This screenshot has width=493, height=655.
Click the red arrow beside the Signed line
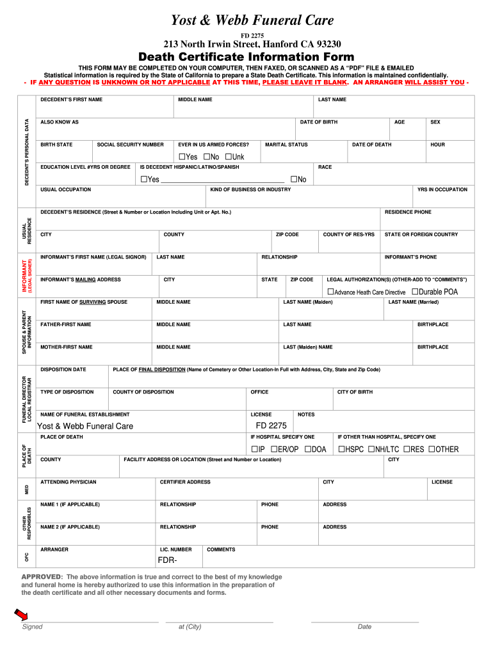(21, 615)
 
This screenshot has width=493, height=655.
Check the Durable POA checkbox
(415, 292)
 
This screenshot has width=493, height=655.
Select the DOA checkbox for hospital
(308, 449)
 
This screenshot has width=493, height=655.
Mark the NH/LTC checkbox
(371, 449)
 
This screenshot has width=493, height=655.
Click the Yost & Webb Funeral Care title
(252, 20)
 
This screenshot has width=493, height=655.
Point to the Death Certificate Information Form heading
(252, 57)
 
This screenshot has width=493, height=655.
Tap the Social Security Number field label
(130, 145)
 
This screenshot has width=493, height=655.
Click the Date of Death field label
(371, 145)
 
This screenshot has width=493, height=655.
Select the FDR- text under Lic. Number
(167, 562)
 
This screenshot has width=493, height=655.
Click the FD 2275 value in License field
(271, 426)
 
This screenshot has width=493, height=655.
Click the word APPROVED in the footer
(41, 576)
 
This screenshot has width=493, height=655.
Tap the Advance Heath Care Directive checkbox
(330, 292)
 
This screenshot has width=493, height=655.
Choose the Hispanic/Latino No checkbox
(293, 179)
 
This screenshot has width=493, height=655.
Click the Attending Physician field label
(69, 482)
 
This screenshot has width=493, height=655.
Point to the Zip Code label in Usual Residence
(287, 235)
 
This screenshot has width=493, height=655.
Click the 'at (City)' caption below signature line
(190, 626)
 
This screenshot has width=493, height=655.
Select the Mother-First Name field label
(67, 347)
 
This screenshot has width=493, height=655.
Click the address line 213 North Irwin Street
(252, 44)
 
